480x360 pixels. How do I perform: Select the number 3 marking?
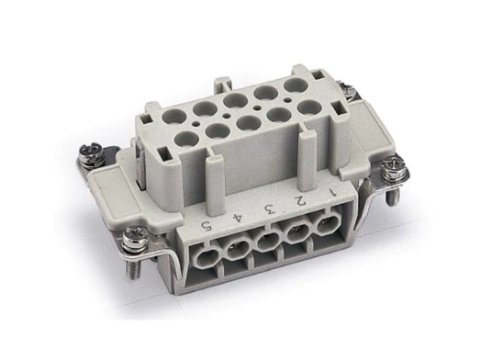coord(269,208)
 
